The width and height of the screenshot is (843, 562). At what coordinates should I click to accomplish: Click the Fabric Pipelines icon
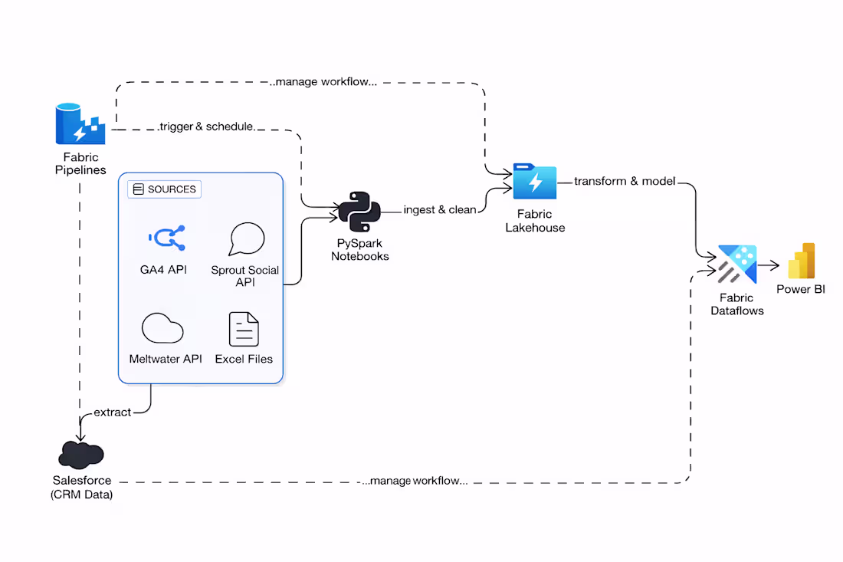(x=80, y=124)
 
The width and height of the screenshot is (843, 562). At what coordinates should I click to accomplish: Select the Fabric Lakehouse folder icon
(x=535, y=182)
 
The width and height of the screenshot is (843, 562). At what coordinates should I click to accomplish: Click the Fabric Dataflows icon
(x=736, y=265)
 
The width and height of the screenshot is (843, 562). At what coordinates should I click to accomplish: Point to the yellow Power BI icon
(x=801, y=261)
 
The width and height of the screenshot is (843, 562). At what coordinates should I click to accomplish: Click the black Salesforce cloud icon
(x=80, y=455)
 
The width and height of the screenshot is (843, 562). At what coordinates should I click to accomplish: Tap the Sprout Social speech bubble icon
(x=246, y=239)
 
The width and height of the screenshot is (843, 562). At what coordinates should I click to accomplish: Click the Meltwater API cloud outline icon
(x=162, y=328)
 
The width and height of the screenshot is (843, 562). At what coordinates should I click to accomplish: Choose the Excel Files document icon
(x=244, y=329)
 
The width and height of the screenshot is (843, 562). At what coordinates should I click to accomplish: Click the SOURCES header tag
(x=164, y=189)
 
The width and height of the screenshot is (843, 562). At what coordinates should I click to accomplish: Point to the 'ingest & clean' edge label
(x=440, y=209)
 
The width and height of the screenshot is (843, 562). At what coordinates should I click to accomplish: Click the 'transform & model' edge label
(x=625, y=182)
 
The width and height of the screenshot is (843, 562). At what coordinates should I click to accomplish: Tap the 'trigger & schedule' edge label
(x=206, y=126)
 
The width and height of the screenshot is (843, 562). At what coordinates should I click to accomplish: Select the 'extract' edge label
(x=112, y=412)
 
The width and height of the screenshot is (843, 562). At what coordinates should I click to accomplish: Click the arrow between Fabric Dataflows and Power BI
(x=769, y=266)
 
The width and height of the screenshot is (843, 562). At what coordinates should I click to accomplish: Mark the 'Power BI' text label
(x=801, y=289)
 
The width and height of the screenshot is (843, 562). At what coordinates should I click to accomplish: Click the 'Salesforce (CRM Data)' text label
(x=81, y=488)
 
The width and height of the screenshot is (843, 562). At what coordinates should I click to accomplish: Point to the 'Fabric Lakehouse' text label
(x=535, y=221)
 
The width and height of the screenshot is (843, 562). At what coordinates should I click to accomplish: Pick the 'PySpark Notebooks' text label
(x=359, y=250)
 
